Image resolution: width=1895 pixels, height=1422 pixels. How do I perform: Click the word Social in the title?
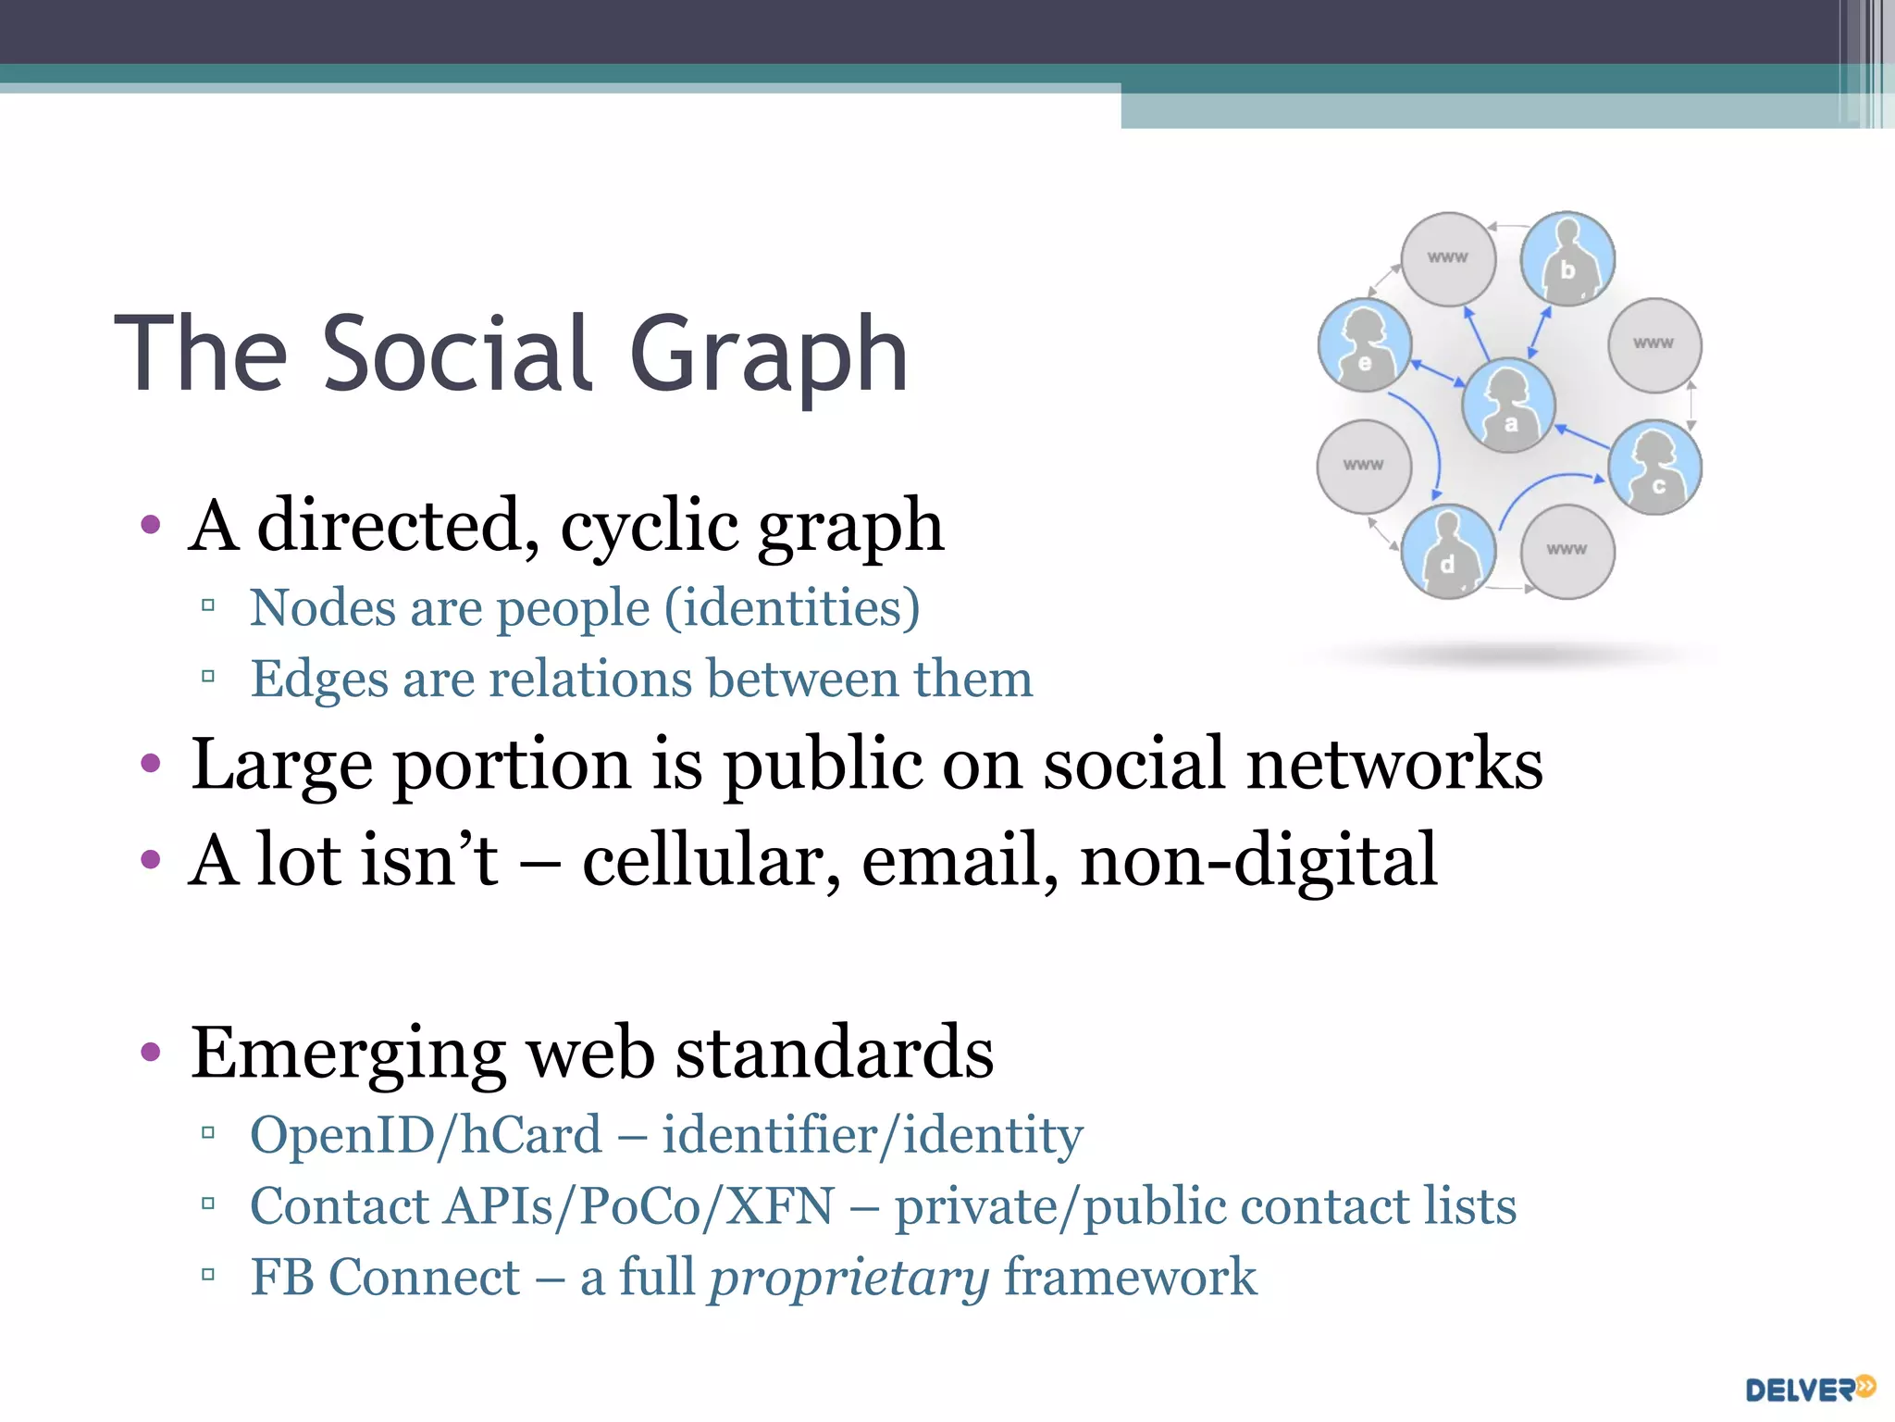coord(458,354)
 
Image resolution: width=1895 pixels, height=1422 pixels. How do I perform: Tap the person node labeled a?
coord(1508,405)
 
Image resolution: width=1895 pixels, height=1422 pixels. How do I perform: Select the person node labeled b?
coord(1567,258)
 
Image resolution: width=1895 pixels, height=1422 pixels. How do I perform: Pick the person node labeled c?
coord(1654,467)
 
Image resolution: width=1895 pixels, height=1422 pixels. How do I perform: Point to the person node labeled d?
coord(1448,551)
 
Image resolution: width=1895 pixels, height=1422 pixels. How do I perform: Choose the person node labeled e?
coord(1365,344)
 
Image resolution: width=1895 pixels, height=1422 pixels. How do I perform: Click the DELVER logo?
coord(1810,1389)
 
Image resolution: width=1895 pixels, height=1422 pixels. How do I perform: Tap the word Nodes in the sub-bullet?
coord(323,608)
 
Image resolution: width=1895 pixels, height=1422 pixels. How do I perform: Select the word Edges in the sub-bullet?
coord(319,679)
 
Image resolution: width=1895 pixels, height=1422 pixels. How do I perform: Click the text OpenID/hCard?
coord(427,1135)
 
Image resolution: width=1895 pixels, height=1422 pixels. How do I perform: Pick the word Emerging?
coord(348,1054)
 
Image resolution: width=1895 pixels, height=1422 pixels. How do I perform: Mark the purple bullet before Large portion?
coord(150,765)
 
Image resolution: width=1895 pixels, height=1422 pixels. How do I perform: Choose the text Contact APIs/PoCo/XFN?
coord(542,1206)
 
